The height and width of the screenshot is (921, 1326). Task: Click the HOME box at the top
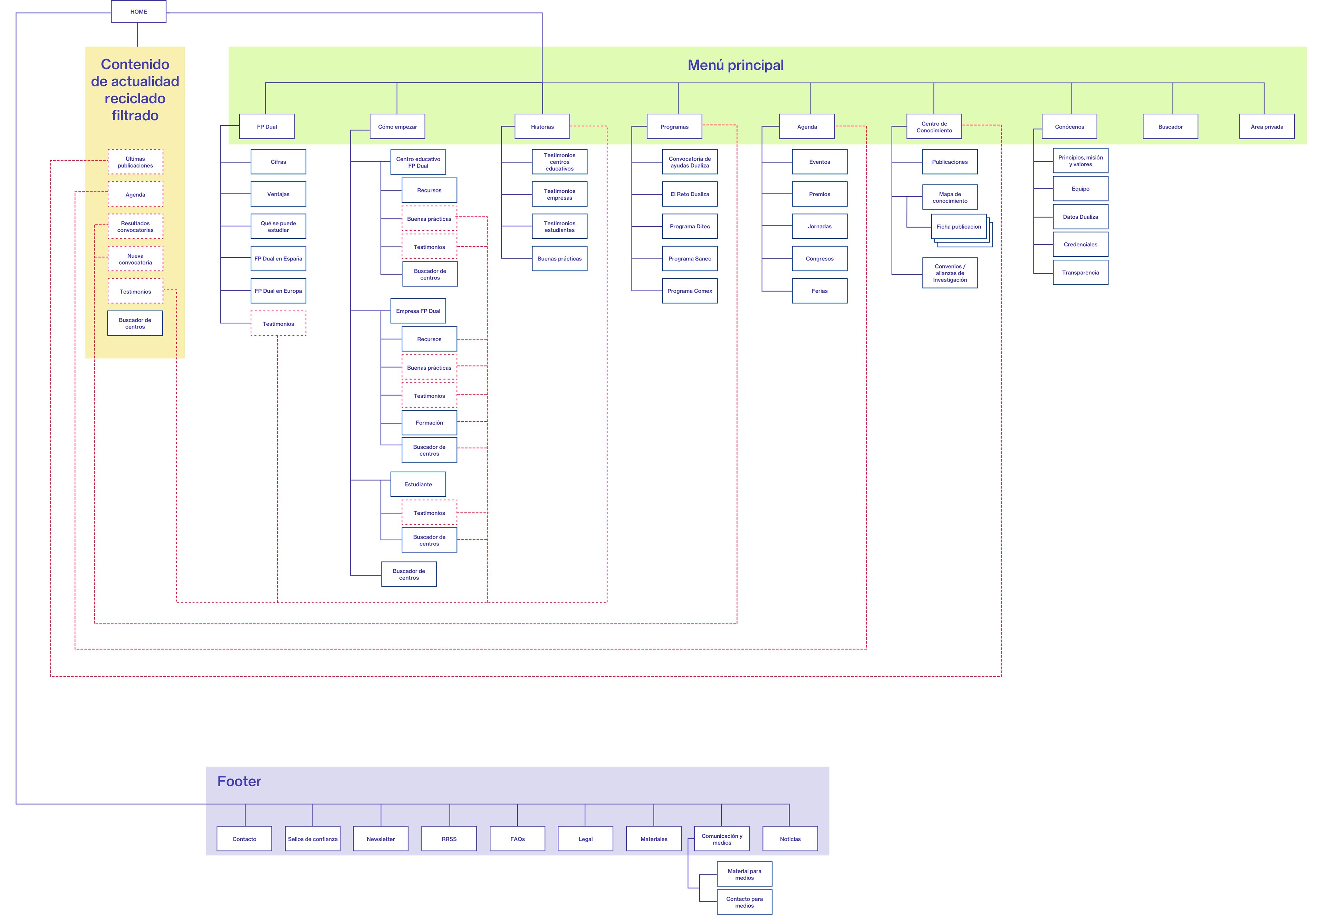(x=138, y=11)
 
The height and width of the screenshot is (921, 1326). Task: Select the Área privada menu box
(x=1267, y=126)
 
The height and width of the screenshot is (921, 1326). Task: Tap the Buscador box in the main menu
(x=1170, y=126)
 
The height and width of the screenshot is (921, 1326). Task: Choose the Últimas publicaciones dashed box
(x=136, y=162)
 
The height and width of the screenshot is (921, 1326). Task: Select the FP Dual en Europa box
(x=278, y=291)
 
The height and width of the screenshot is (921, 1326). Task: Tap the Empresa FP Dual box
(x=418, y=311)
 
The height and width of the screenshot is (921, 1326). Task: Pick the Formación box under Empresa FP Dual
(x=429, y=422)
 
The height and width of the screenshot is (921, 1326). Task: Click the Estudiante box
(x=418, y=484)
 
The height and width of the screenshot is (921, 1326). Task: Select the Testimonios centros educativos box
(x=559, y=162)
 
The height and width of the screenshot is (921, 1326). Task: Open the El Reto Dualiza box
(x=690, y=194)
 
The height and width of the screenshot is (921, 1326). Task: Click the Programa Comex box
(x=690, y=291)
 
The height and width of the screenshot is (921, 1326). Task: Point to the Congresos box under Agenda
(x=819, y=258)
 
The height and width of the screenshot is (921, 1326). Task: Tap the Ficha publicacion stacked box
(x=959, y=227)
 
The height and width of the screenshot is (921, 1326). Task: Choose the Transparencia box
(x=1080, y=272)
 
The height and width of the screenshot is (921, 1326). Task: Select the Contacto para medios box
(x=744, y=902)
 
